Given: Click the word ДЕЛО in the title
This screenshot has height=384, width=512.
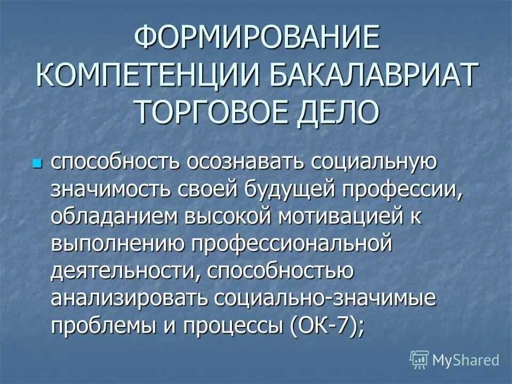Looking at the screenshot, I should tap(337, 111).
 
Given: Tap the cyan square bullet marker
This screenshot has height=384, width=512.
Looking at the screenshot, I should tap(37, 161).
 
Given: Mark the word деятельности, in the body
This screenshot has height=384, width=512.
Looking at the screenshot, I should tap(123, 271).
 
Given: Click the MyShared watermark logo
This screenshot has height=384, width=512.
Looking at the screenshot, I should tap(454, 360).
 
